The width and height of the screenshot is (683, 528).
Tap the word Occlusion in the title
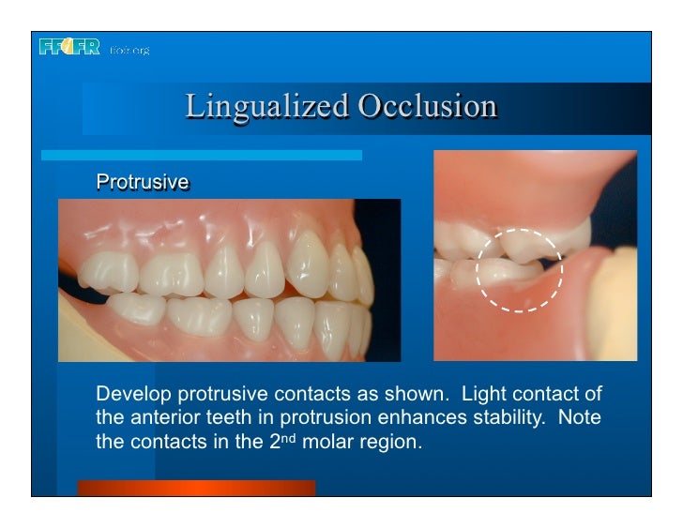(426, 106)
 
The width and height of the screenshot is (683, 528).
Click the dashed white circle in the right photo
(519, 270)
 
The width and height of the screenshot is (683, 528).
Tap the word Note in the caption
(579, 415)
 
